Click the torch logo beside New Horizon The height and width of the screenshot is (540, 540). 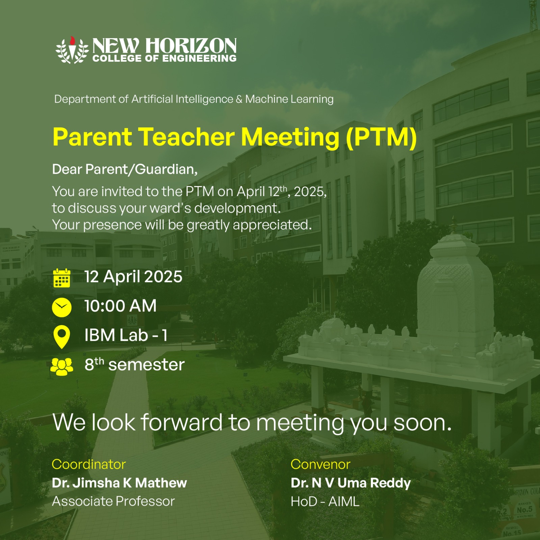[72, 50]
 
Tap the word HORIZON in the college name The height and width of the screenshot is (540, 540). [191, 46]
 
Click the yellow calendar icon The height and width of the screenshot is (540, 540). [62, 278]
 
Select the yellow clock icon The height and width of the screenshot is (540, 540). [62, 307]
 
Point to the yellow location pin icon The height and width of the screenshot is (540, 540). [62, 336]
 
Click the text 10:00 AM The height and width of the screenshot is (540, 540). [121, 306]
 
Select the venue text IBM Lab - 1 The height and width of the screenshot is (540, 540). [126, 335]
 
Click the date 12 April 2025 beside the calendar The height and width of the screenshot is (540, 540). [133, 277]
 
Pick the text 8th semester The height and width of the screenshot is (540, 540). [134, 364]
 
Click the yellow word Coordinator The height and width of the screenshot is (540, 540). [89, 464]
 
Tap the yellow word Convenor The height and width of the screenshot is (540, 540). [320, 464]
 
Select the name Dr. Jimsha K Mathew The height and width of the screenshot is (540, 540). [120, 483]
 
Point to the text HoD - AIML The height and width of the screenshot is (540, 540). [325, 502]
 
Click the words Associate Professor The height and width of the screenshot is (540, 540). [113, 502]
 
